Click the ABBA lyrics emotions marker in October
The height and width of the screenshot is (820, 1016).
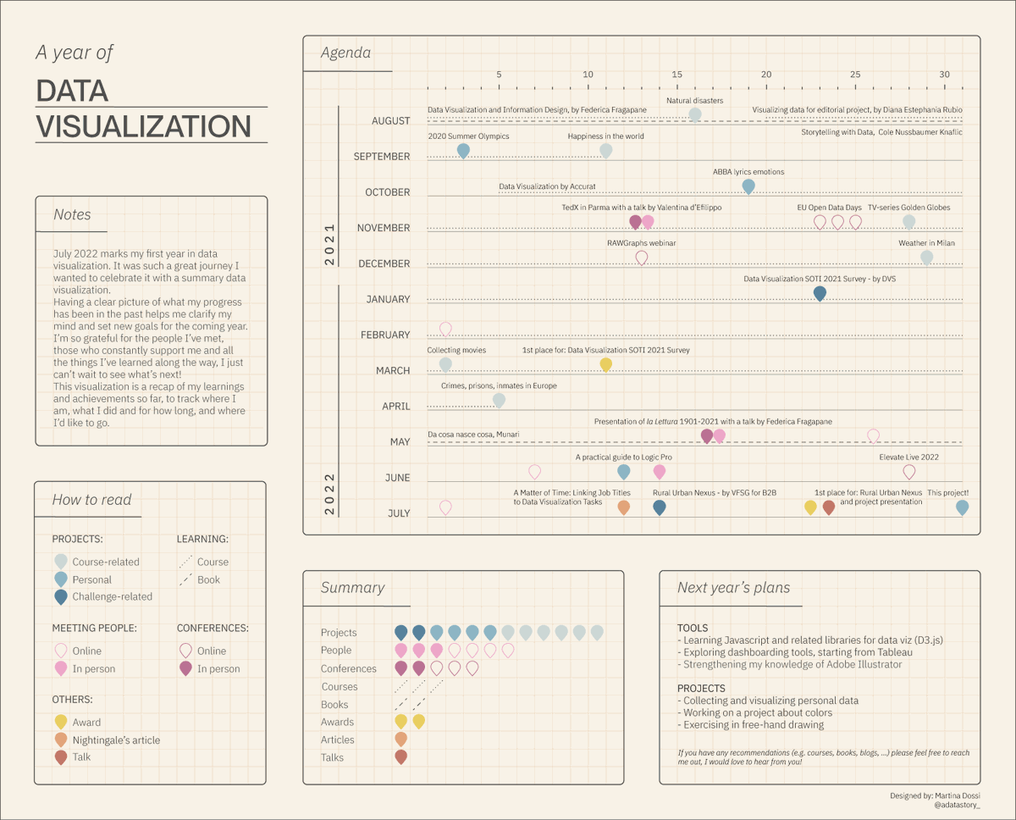tap(748, 186)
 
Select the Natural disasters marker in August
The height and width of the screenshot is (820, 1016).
tap(695, 114)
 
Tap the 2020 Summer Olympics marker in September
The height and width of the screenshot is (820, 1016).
tap(463, 150)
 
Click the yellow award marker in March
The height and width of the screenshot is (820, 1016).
tap(606, 364)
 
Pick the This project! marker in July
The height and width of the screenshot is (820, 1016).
tap(962, 507)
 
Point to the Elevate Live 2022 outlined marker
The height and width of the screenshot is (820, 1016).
tap(909, 471)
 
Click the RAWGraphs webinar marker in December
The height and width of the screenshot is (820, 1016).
tap(642, 257)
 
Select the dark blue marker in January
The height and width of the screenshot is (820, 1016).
tap(820, 293)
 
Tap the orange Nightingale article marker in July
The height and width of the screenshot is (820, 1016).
tap(624, 507)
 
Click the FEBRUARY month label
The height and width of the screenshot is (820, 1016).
tap(385, 335)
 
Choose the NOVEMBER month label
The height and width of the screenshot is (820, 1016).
tap(384, 228)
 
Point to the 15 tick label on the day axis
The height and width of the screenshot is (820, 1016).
tap(676, 75)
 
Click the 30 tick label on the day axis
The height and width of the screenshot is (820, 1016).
tap(944, 75)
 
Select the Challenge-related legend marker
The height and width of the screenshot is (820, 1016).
tap(61, 596)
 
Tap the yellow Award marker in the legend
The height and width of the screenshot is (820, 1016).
tap(61, 722)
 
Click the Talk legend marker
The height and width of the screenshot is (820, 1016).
tap(61, 756)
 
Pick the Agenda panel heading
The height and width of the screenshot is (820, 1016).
tap(345, 53)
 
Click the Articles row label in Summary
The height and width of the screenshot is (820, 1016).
tap(338, 740)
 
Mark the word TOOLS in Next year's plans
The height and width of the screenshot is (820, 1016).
tap(693, 628)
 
